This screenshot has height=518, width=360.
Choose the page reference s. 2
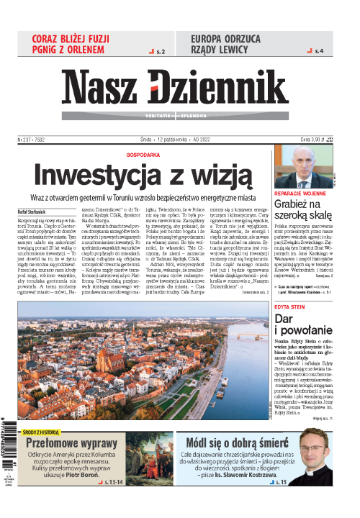tap(160, 52)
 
